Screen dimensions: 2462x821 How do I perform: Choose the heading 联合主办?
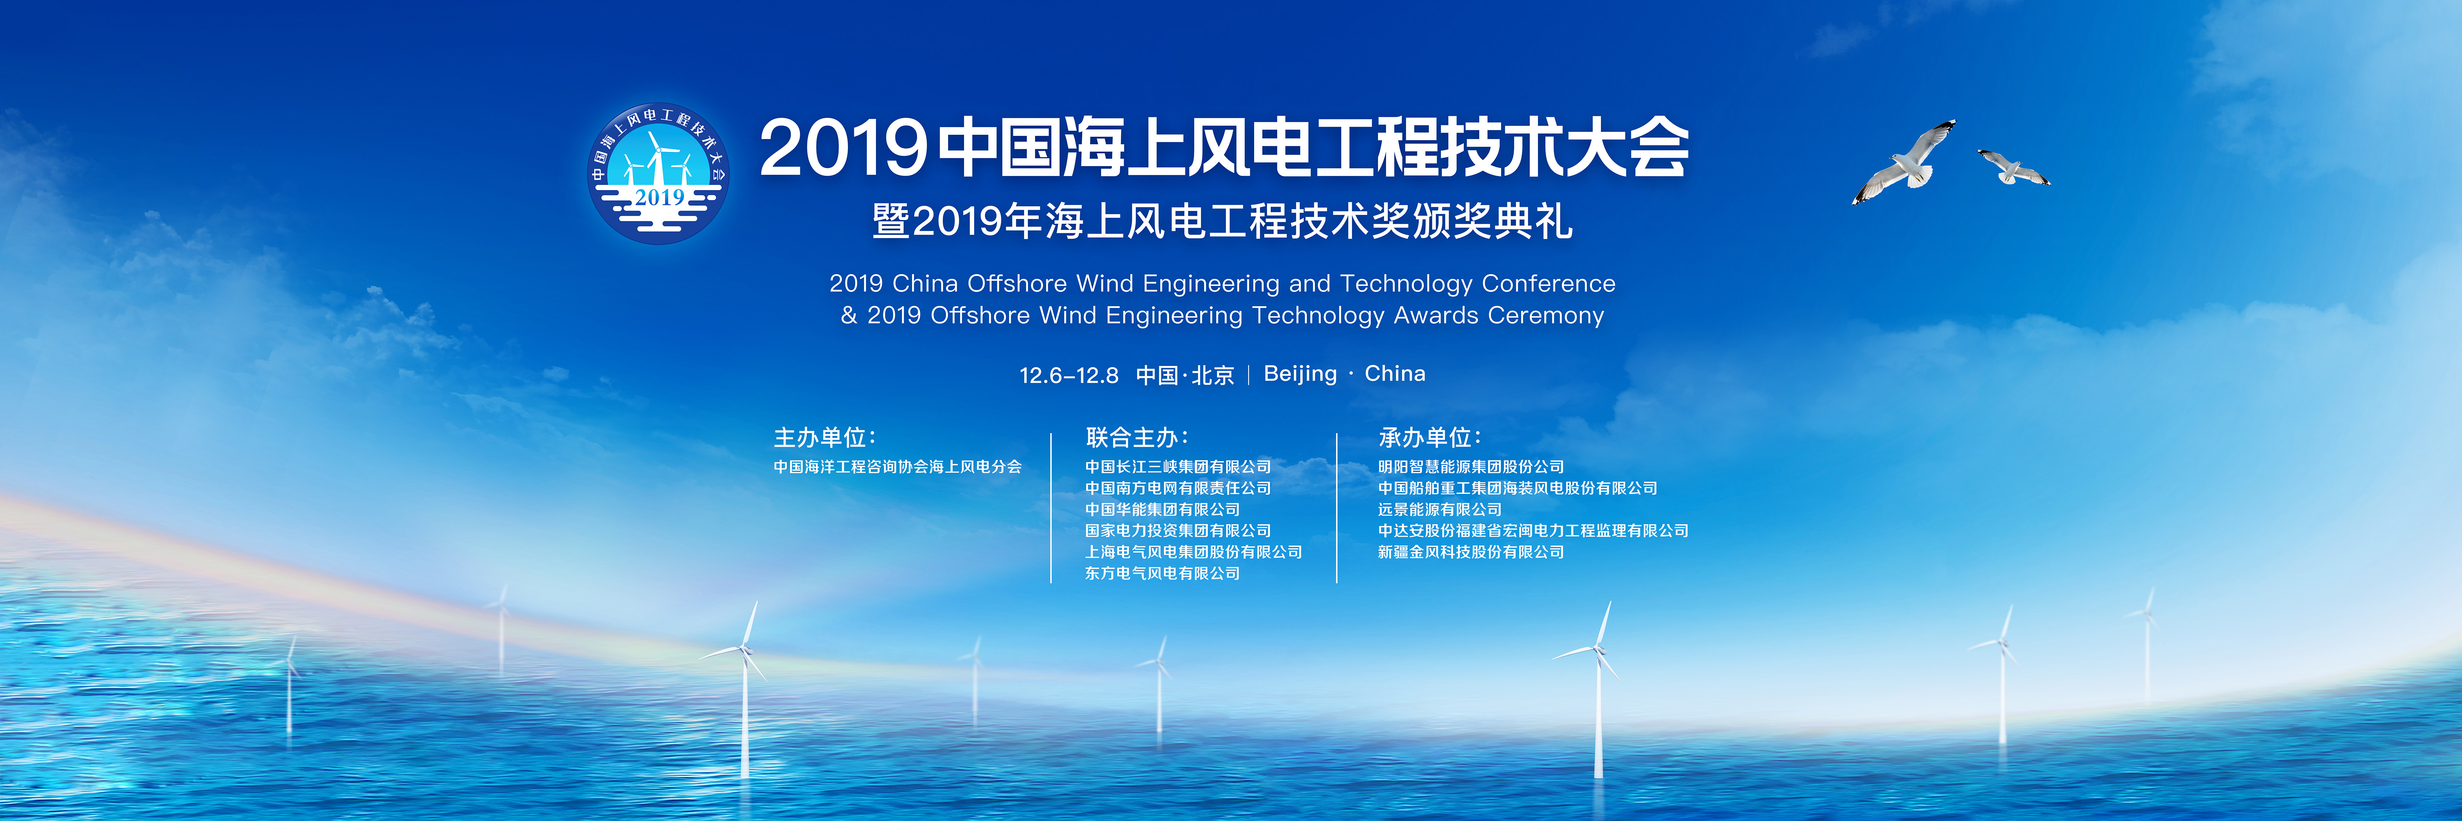(1136, 438)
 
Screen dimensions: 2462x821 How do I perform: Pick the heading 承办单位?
(1430, 438)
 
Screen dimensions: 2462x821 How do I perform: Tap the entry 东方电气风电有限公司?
(1162, 574)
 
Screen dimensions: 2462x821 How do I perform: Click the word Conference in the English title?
(1548, 284)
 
